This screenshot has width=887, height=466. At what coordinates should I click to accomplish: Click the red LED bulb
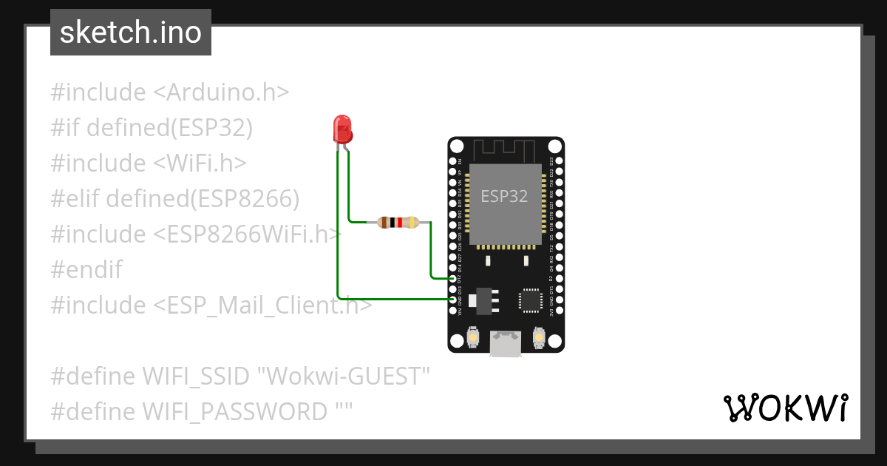[x=342, y=129]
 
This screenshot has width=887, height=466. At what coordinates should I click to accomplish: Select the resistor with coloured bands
[x=398, y=222]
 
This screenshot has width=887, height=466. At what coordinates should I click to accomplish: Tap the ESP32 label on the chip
[x=505, y=196]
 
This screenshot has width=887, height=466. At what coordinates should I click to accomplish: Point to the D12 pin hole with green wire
[x=454, y=279]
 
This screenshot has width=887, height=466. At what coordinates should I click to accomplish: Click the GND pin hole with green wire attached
[x=454, y=299]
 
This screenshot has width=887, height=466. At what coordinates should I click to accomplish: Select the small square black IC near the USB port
[x=530, y=299]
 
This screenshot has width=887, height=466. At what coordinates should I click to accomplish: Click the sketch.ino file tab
[x=131, y=33]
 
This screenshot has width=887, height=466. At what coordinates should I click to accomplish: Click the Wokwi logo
[x=785, y=408]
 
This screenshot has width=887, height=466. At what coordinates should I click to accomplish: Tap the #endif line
[x=86, y=269]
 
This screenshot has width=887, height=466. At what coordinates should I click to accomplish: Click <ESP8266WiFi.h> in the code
[x=248, y=234]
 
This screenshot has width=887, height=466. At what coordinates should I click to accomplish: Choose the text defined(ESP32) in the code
[x=170, y=128]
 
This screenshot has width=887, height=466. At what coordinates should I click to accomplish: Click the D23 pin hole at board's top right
[x=558, y=161]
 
